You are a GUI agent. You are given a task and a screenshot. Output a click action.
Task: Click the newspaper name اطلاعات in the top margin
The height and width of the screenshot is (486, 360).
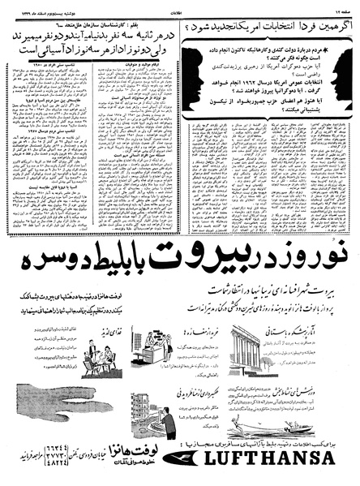pos(180,4)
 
